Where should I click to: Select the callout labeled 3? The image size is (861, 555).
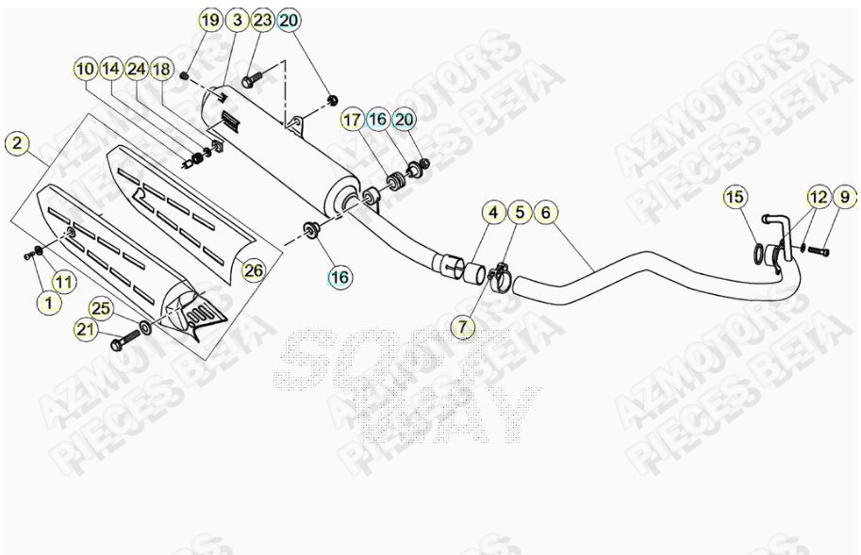click(x=237, y=20)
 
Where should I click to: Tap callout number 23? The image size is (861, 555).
click(x=263, y=20)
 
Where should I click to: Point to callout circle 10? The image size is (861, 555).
click(x=86, y=69)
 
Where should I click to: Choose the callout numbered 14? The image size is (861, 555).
click(x=111, y=69)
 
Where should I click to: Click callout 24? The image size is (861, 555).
click(x=137, y=69)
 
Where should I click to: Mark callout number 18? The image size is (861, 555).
click(x=162, y=69)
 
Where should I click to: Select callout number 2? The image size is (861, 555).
click(x=17, y=143)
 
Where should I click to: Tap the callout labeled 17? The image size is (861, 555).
click(x=352, y=120)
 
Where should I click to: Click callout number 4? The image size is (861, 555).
click(x=493, y=213)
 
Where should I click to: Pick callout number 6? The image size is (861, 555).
click(x=545, y=213)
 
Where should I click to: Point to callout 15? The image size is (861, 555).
click(x=736, y=197)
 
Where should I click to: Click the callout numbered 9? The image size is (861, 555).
click(x=844, y=197)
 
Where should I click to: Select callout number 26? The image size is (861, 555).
click(x=253, y=270)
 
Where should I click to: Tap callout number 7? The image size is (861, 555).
click(x=463, y=327)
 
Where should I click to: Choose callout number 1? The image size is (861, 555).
click(x=48, y=302)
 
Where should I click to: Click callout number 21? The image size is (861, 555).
click(x=86, y=329)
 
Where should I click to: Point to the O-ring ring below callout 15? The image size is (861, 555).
click(x=759, y=253)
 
